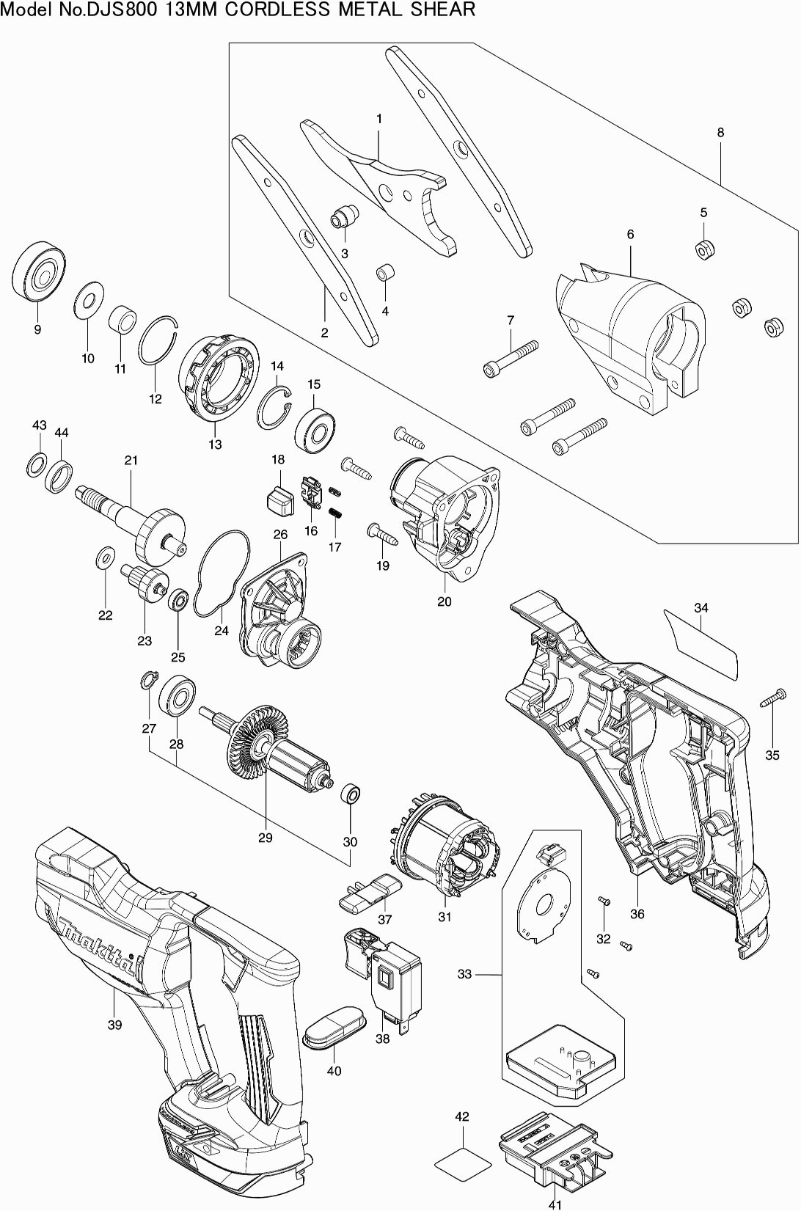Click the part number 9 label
pos(37,329)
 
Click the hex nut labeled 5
pos(703,248)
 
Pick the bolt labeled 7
pos(511,356)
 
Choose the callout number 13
pos(215,444)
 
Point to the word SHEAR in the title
pos(448,10)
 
